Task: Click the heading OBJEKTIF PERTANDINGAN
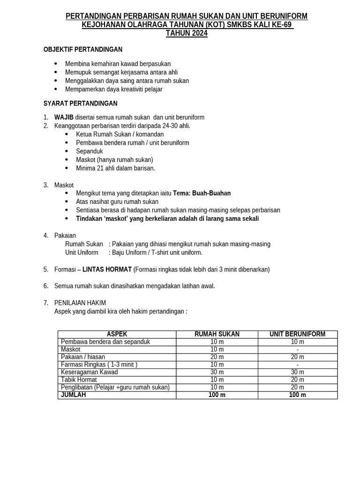[83, 49]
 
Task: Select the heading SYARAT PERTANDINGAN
[81, 103]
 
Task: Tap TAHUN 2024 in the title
[187, 33]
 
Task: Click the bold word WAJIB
[64, 117]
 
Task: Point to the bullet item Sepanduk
[90, 151]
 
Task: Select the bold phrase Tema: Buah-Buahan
[202, 193]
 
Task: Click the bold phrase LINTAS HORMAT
[107, 270]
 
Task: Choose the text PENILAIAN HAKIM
[80, 303]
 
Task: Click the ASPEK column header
[117, 334]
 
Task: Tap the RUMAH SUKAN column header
[217, 334]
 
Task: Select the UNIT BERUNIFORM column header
[297, 334]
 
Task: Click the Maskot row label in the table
[71, 349]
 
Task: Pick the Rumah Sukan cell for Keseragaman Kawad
[217, 372]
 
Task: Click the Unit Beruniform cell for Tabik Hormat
[297, 380]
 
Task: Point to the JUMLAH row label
[74, 395]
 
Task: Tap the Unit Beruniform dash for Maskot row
[297, 350]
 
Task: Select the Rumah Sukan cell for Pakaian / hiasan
[217, 357]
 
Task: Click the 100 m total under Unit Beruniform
[297, 395]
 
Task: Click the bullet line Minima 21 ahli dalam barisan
[115, 168]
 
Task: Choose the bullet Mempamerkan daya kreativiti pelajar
[114, 89]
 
